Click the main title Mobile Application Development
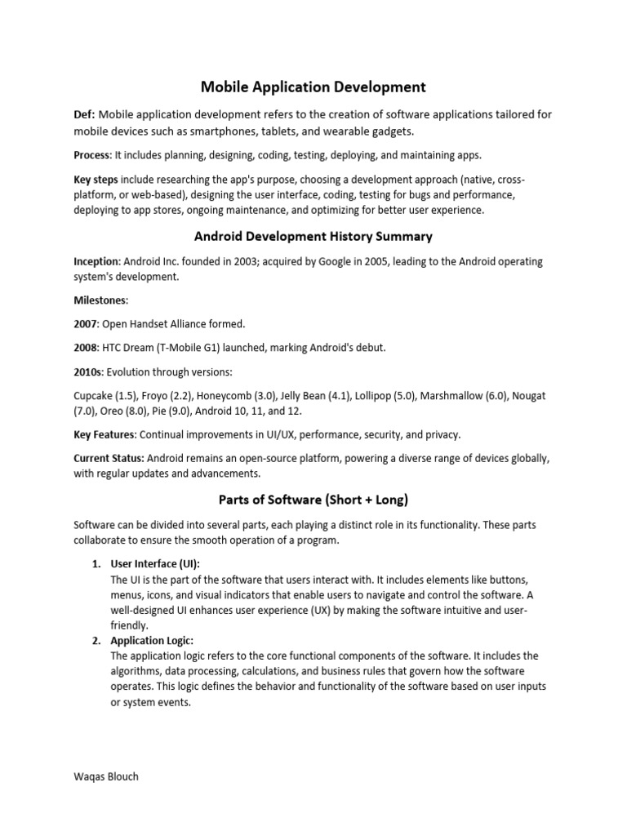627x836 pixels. [313, 86]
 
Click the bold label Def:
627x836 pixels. [85, 114]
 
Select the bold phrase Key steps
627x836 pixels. [96, 180]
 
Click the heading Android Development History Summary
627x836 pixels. [313, 237]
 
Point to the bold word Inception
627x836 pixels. [96, 262]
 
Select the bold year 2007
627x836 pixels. [86, 324]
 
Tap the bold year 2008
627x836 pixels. [86, 348]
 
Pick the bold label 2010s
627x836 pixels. [88, 372]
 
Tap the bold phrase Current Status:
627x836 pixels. [109, 459]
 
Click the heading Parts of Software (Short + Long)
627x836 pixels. [313, 499]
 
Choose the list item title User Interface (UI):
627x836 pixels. [155, 564]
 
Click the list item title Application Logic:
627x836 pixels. [152, 641]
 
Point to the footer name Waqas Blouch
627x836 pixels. [106, 776]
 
